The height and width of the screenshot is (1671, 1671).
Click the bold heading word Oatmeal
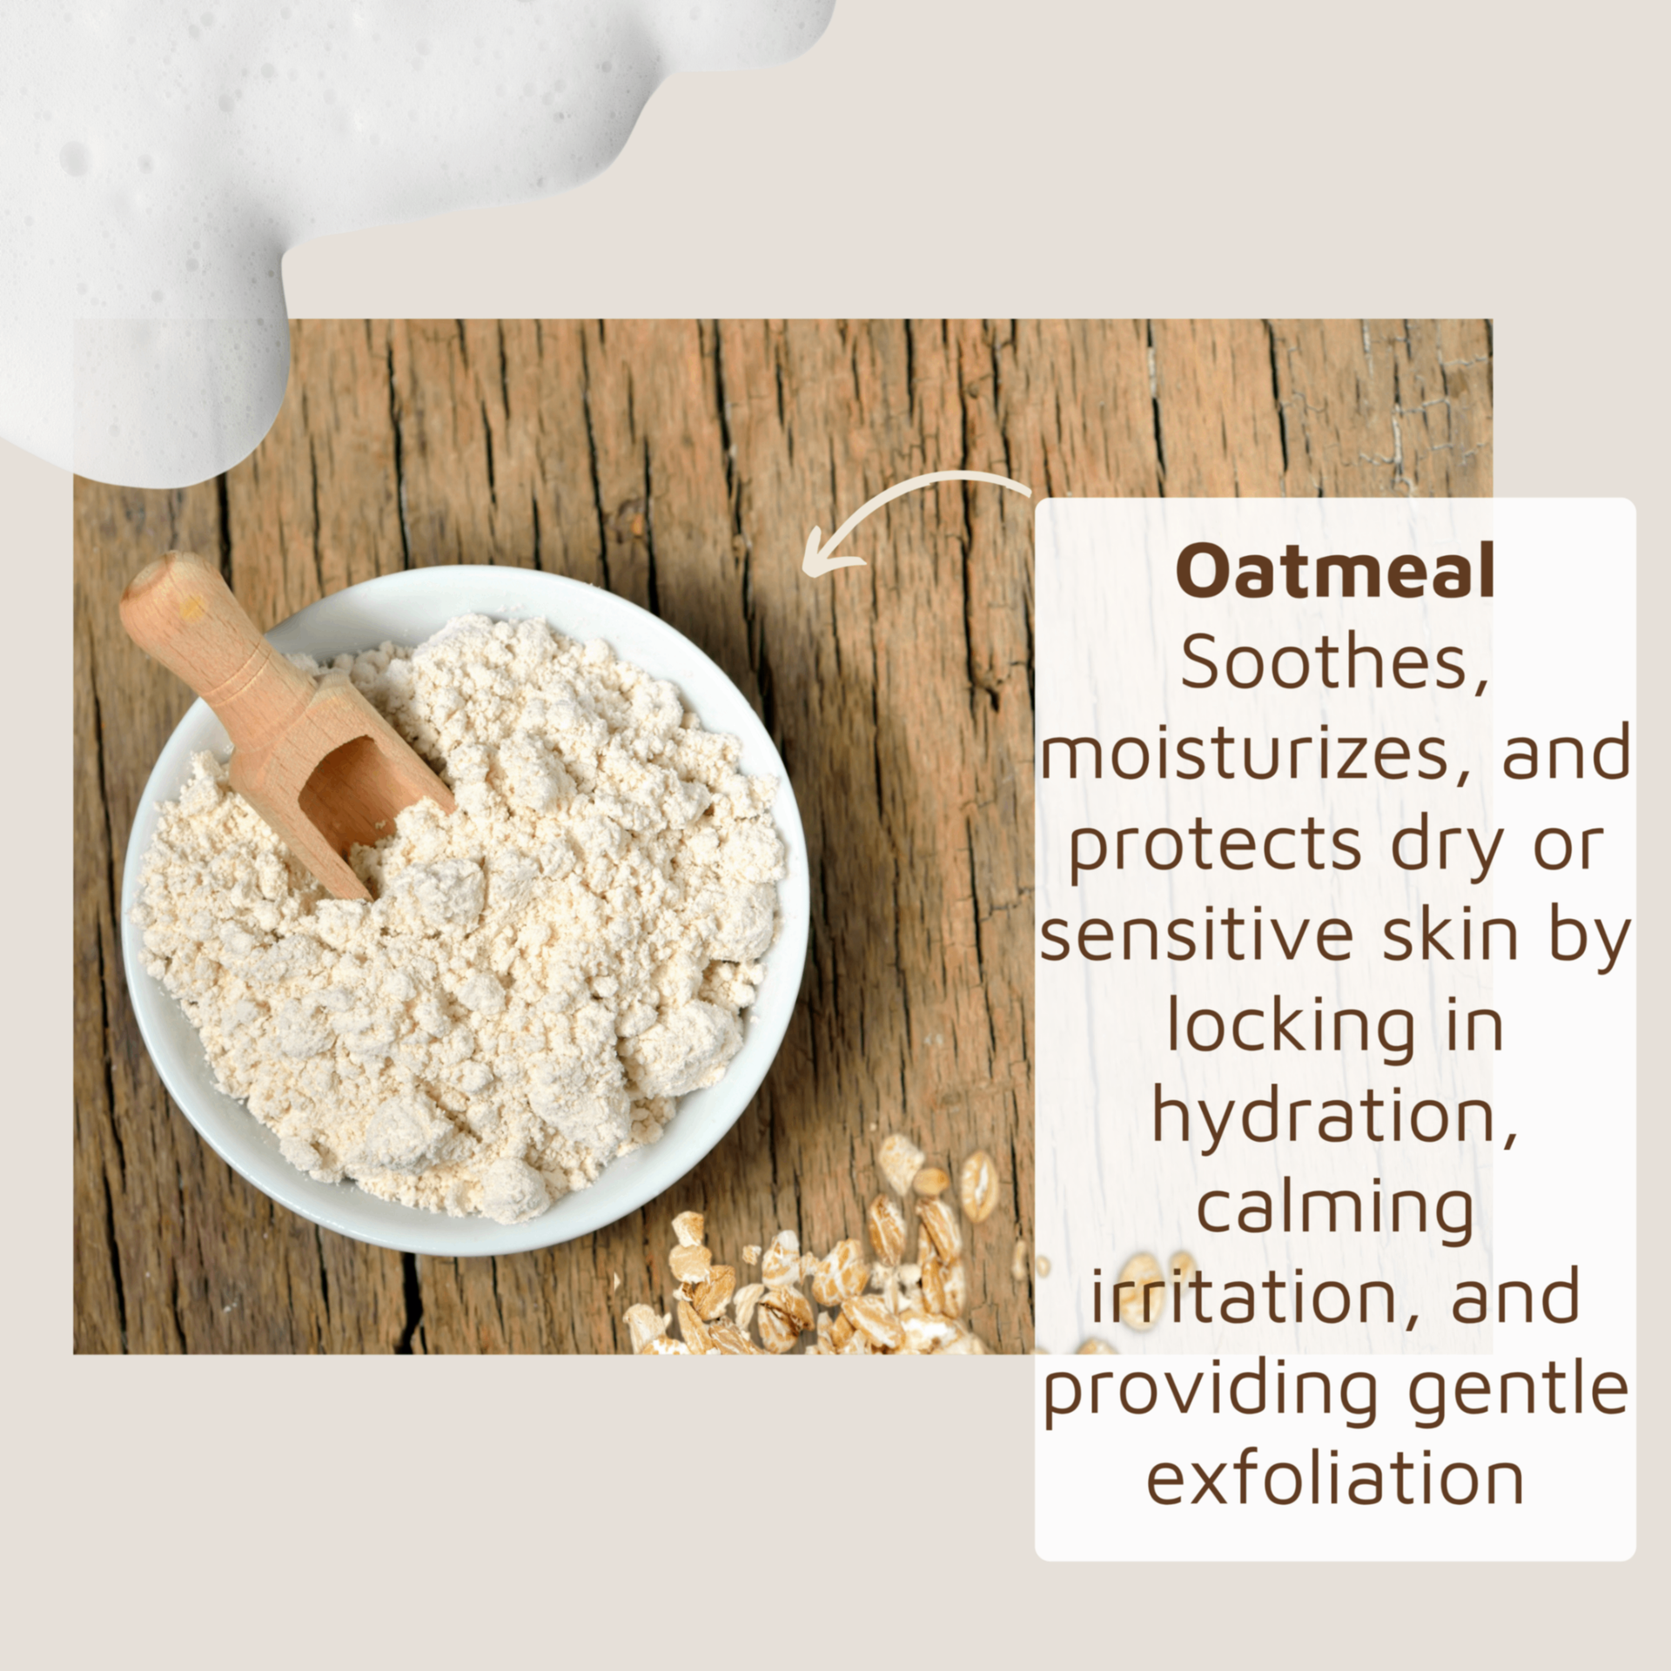point(1335,571)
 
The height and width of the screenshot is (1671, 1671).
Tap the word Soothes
point(1333,663)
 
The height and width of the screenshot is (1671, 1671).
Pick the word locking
point(1292,1028)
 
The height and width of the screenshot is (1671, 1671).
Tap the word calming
point(1336,1211)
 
